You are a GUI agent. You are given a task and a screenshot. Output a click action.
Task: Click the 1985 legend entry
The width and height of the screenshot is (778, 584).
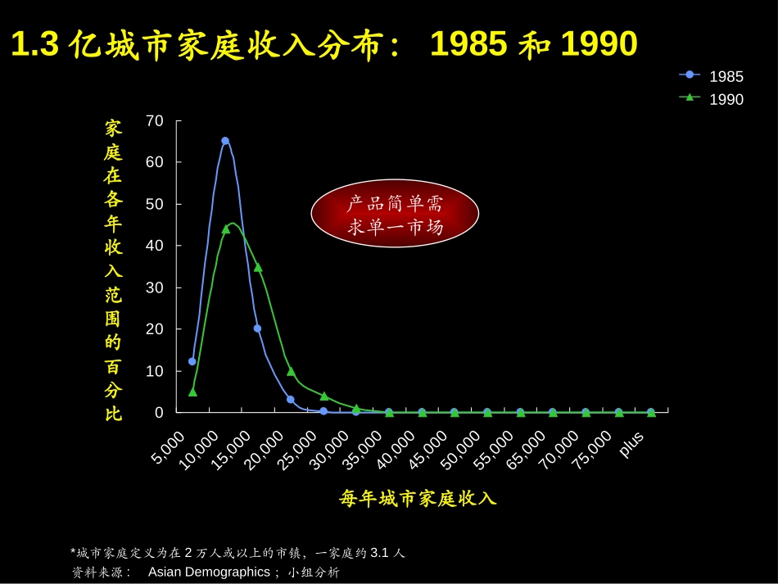pyautogui.click(x=711, y=76)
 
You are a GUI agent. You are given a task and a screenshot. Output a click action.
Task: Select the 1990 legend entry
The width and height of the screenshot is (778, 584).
pyautogui.click(x=711, y=99)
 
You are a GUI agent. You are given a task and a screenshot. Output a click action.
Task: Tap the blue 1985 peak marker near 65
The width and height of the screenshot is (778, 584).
pyautogui.click(x=225, y=141)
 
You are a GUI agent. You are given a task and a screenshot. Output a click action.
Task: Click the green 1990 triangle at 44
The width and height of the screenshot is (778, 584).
pyautogui.click(x=226, y=229)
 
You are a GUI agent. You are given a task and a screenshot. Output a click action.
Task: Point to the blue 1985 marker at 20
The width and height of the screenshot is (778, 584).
pyautogui.click(x=257, y=328)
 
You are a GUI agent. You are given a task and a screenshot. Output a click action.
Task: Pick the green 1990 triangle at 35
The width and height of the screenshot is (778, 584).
pyautogui.click(x=258, y=268)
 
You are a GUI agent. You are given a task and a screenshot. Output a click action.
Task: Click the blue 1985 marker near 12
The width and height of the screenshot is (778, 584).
pyautogui.click(x=192, y=361)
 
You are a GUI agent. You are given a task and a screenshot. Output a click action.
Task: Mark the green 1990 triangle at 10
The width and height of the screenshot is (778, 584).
pyautogui.click(x=292, y=371)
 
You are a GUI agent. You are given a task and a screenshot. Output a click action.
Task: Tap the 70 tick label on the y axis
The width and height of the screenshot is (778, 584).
pyautogui.click(x=154, y=120)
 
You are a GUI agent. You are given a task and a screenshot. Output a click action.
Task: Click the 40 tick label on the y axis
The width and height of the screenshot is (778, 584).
pyautogui.click(x=154, y=246)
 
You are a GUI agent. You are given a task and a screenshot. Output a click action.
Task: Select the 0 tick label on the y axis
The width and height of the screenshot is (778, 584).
pyautogui.click(x=159, y=412)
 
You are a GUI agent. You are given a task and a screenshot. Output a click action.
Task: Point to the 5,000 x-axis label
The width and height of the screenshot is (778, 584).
pyautogui.click(x=168, y=447)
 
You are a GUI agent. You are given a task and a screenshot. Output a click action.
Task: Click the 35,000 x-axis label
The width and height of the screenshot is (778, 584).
pyautogui.click(x=362, y=450)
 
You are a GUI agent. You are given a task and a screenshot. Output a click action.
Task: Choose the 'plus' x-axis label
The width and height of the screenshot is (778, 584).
pyautogui.click(x=631, y=445)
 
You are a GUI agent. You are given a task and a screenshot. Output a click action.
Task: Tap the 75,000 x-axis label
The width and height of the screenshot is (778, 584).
pyautogui.click(x=592, y=450)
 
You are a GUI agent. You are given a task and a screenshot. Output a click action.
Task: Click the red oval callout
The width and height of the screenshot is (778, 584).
pyautogui.click(x=395, y=213)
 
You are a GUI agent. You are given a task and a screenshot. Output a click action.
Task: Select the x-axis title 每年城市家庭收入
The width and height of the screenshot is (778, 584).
pyautogui.click(x=418, y=498)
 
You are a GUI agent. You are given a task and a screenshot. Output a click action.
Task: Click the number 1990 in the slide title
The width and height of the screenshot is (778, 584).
pyautogui.click(x=599, y=43)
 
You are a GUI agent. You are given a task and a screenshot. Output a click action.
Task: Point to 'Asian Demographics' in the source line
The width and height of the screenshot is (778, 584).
pyautogui.click(x=209, y=572)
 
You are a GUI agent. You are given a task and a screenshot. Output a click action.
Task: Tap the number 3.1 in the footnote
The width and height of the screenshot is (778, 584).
pyautogui.click(x=379, y=552)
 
